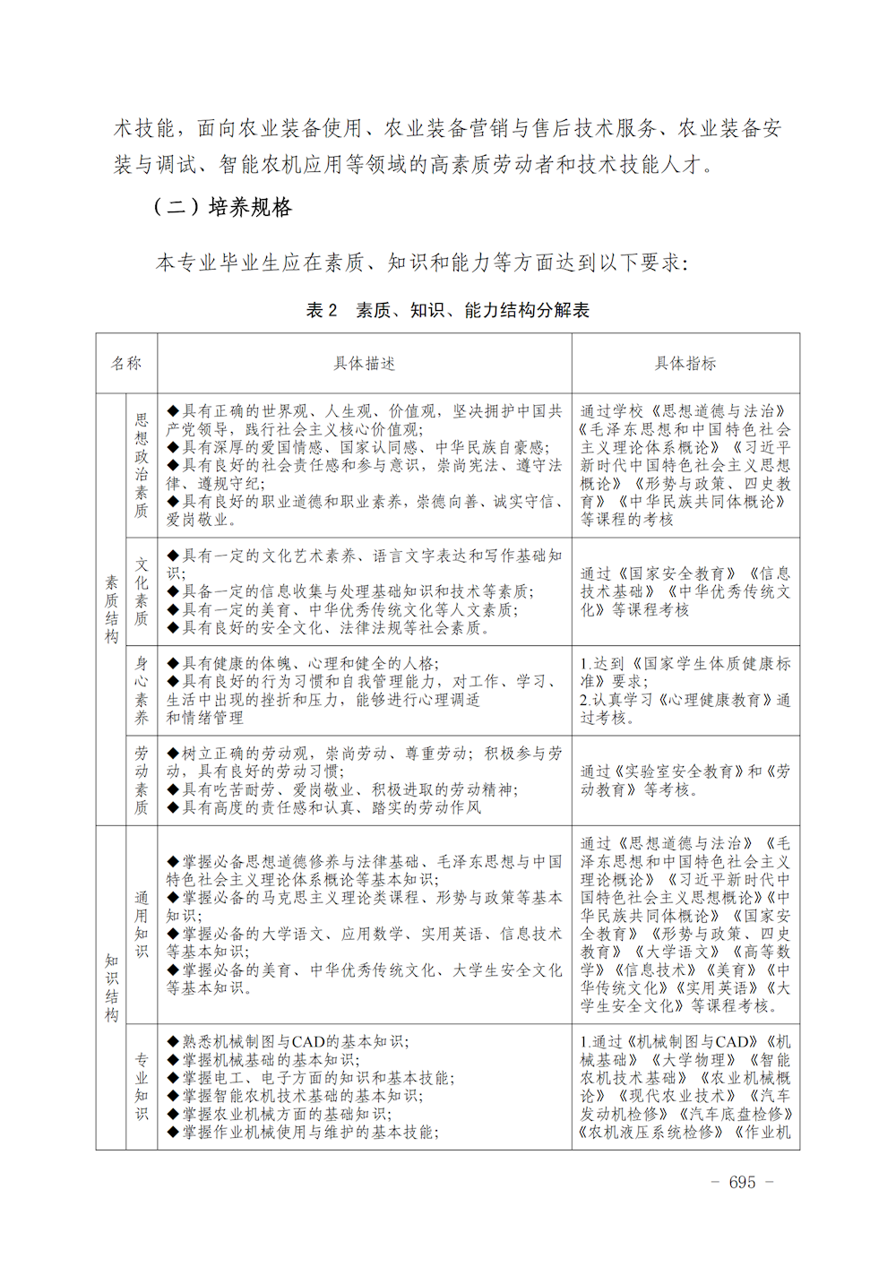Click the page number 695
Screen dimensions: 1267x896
click(x=742, y=1182)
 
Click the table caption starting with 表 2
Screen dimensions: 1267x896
click(x=447, y=310)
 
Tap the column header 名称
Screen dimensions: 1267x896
click(x=126, y=363)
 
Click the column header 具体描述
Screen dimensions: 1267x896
click(x=364, y=363)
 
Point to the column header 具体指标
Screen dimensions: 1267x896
click(x=685, y=363)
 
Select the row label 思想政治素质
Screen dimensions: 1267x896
click(x=142, y=465)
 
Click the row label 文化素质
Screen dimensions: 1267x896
click(x=142, y=591)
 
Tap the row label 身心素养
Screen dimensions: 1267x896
click(x=142, y=690)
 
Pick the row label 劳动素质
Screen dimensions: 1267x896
click(x=142, y=780)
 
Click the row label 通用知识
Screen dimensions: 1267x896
click(x=142, y=924)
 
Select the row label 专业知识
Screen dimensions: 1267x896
click(x=142, y=1086)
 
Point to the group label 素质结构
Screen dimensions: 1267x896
click(x=111, y=609)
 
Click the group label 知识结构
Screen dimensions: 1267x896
click(x=111, y=987)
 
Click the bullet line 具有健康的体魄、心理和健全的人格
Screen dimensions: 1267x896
click(x=309, y=664)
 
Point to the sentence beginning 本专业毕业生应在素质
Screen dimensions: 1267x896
click(x=421, y=263)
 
